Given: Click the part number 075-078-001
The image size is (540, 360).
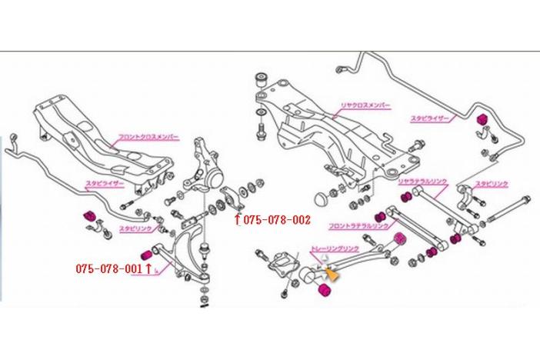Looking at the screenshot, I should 109,269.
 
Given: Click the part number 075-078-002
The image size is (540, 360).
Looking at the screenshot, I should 277,220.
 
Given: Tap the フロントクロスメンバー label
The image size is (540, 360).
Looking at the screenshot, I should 148,137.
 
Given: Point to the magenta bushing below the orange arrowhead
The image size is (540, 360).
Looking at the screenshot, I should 323,289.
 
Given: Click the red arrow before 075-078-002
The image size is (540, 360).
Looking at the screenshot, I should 238,220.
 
